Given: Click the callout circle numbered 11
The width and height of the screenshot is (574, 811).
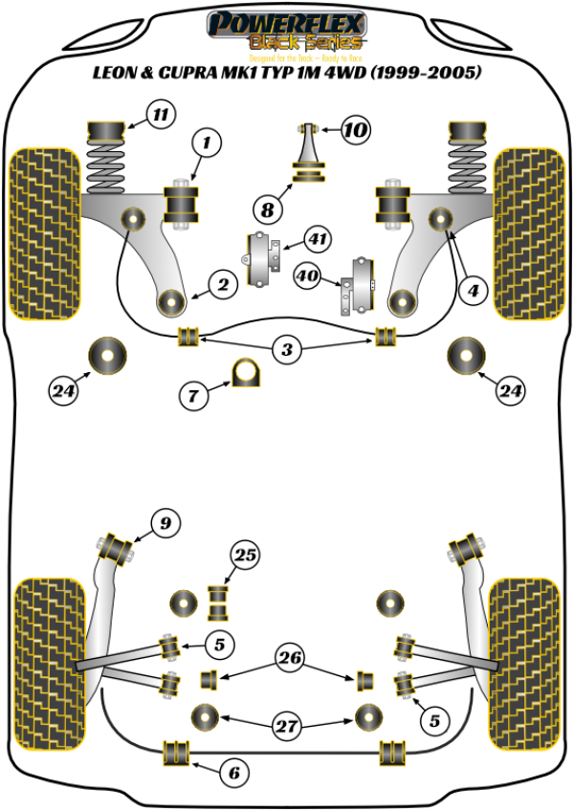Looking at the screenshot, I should tap(161, 116).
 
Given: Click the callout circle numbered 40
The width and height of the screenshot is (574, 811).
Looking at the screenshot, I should tap(308, 277).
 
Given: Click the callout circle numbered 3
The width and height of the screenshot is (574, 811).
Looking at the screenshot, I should tap(286, 350).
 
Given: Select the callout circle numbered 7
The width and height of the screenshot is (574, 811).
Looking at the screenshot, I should tap(193, 393).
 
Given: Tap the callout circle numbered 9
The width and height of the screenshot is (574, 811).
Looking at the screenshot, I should tap(165, 523).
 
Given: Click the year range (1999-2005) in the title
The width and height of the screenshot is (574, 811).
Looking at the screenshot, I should tap(428, 72).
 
